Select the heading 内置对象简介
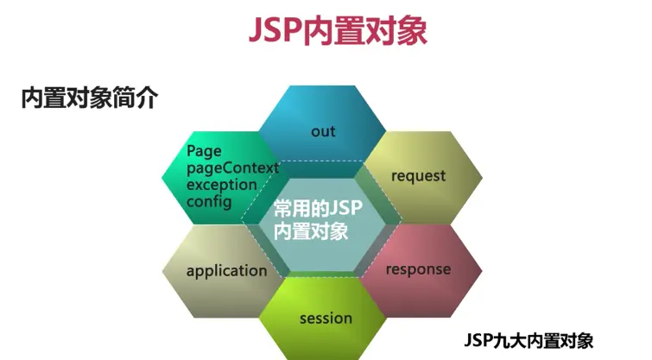[89, 98]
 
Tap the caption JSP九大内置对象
[529, 339]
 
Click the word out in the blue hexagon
[323, 131]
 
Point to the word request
[418, 175]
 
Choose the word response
[418, 268]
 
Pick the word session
[326, 318]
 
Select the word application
[227, 270]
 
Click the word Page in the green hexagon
[204, 151]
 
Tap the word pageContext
[231, 167]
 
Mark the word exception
[222, 185]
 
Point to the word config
[209, 202]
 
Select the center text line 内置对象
[310, 231]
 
